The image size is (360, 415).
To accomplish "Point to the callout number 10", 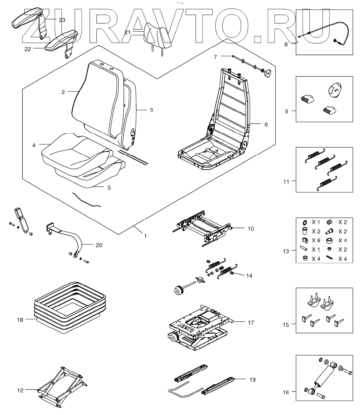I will tap(251, 229).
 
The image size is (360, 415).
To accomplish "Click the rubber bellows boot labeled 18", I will tap(70, 306).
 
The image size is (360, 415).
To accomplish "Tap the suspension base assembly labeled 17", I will tap(197, 325).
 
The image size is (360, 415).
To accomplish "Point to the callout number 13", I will tap(286, 251).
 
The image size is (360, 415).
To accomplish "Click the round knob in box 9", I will tap(333, 90).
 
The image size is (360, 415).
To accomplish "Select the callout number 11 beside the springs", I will tap(286, 181).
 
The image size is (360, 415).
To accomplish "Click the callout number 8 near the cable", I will tap(286, 45).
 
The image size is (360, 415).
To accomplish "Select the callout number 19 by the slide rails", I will tap(252, 380).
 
